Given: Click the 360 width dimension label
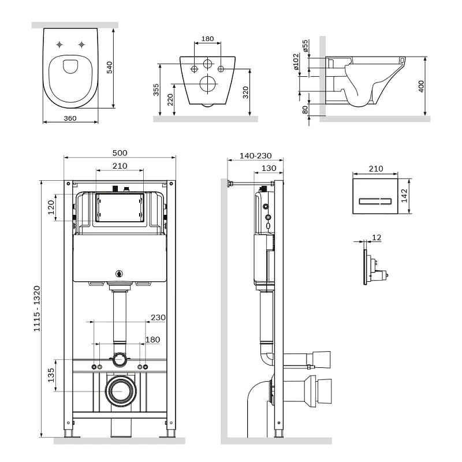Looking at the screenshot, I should click(x=70, y=118).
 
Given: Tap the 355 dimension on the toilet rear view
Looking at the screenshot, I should click(x=157, y=90).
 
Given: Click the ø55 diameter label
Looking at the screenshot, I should click(x=305, y=46).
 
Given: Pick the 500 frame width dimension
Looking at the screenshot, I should click(x=120, y=153).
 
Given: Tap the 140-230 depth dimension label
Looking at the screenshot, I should click(x=255, y=157).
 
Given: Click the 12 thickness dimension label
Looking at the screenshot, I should click(x=377, y=237).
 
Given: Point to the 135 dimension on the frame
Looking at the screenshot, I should click(x=51, y=375).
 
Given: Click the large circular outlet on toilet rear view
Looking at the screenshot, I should click(x=207, y=84).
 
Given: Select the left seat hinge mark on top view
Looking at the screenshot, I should click(x=60, y=44).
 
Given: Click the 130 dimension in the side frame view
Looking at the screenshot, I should click(x=269, y=168).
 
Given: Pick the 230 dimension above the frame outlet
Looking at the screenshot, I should click(x=157, y=317).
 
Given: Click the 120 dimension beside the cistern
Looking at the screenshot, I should click(x=51, y=206).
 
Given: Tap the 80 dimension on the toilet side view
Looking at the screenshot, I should click(x=305, y=108).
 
